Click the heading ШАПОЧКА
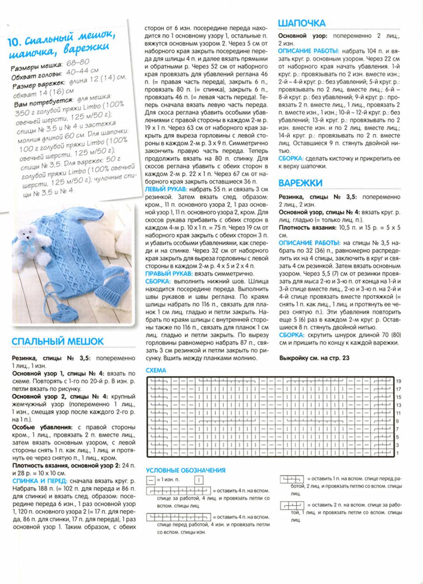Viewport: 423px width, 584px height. coord(301,23)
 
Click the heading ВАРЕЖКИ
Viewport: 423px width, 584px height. coord(300,183)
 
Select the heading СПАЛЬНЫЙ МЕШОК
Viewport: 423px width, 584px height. coord(58,341)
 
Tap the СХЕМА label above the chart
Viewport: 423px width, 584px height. coord(156,370)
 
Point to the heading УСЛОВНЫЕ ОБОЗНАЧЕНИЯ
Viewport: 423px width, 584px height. coord(185,470)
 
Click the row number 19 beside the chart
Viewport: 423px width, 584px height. coord(398,381)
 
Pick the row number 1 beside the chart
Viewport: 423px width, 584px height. coord(398,453)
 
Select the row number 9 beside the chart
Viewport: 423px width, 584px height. coord(398,421)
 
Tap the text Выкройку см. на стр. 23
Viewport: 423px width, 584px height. coord(314,358)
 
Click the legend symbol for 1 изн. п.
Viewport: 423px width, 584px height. coord(150,480)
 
